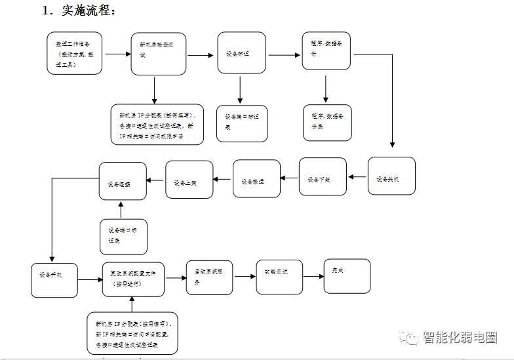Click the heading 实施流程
(x=79, y=10)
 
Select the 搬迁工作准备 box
(x=74, y=52)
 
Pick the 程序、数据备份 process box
(x=326, y=50)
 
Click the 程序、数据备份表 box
(x=327, y=123)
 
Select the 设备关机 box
(x=391, y=176)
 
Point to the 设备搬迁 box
(x=256, y=178)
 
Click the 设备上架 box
(x=189, y=179)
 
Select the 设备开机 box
(x=54, y=279)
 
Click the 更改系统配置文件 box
(x=133, y=279)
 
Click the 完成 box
(x=347, y=275)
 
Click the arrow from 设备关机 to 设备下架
(x=357, y=176)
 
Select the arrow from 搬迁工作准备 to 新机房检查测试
(x=115, y=53)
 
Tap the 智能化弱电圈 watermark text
(x=460, y=338)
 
